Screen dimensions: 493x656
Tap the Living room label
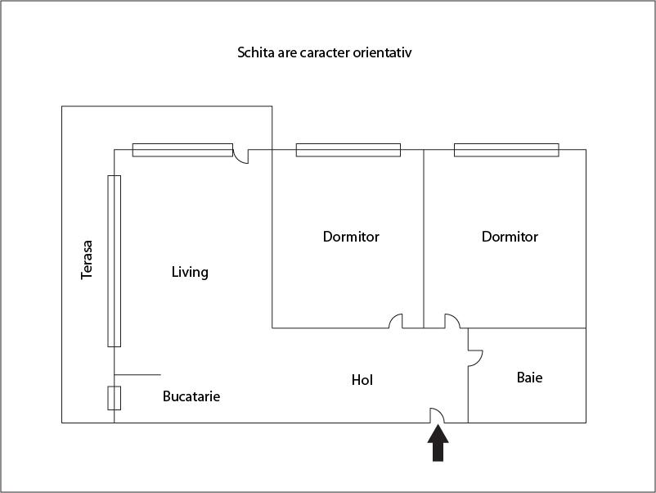190,272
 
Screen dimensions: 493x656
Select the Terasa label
87,259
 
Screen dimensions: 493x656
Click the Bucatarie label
191,396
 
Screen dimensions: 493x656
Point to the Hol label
362,380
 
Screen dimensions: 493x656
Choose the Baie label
529,378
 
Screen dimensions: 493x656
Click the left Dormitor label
351,237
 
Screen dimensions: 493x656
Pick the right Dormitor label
510,237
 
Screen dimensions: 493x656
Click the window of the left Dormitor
348,150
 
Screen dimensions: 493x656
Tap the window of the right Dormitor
506,150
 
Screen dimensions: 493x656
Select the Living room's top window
182,150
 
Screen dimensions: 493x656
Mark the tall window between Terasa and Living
114,260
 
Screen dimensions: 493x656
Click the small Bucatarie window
114,398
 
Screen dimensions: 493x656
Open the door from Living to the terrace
240,154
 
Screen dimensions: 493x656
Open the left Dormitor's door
396,322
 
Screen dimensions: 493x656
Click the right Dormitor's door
452,322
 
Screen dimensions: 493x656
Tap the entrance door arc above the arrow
438,416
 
